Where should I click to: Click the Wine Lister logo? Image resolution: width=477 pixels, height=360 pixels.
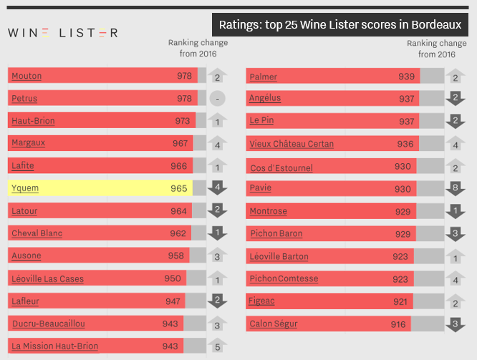tap(63, 33)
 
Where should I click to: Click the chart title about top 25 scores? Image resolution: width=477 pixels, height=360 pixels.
tap(339, 25)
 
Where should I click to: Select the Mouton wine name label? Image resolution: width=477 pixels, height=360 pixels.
tap(26, 76)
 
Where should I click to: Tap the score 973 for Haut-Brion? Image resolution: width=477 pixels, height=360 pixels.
tap(183, 121)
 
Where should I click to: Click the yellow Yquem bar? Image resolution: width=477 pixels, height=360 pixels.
tap(100, 188)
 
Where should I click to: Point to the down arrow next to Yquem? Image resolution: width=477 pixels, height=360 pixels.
tap(217, 188)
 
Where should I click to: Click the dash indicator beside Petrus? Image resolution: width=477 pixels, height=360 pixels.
tap(217, 99)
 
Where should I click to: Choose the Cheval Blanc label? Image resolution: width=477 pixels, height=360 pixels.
tap(37, 233)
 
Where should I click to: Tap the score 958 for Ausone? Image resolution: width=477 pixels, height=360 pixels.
tap(176, 256)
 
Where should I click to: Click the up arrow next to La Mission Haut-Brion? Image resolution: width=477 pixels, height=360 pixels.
tap(217, 346)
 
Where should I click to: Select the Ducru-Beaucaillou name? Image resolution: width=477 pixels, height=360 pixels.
tap(47, 323)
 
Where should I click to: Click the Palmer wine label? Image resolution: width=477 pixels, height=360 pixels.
tap(263, 77)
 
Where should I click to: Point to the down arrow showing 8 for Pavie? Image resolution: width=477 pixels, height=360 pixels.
tap(456, 189)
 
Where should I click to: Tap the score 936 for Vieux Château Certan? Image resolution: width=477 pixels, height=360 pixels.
tap(405, 144)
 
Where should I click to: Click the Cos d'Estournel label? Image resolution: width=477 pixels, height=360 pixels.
tap(281, 167)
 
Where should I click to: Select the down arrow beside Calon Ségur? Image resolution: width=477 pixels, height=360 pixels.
tap(456, 324)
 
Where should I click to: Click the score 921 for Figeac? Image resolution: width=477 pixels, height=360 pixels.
tap(400, 301)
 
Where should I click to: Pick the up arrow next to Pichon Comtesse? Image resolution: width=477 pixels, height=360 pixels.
tap(456, 278)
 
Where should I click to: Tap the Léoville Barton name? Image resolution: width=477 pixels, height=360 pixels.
tap(279, 256)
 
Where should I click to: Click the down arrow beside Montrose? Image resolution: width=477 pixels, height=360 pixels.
tap(456, 211)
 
